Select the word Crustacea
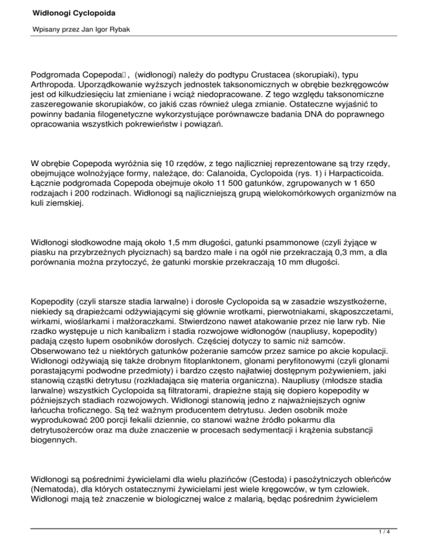[x=259, y=74]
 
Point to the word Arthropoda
[x=54, y=84]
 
